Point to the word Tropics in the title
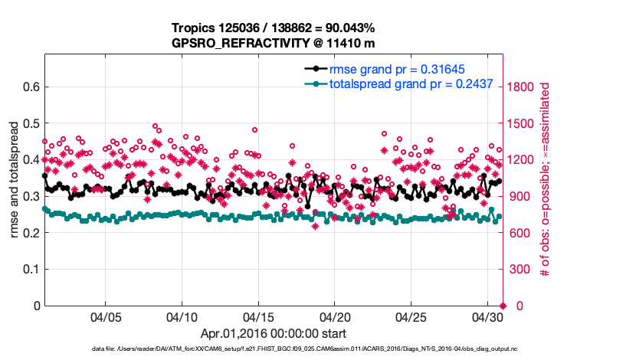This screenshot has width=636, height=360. point(198,28)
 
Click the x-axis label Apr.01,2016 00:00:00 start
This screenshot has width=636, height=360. point(273,334)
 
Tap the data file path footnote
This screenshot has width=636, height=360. point(273,349)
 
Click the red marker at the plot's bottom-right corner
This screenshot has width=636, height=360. point(503,306)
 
